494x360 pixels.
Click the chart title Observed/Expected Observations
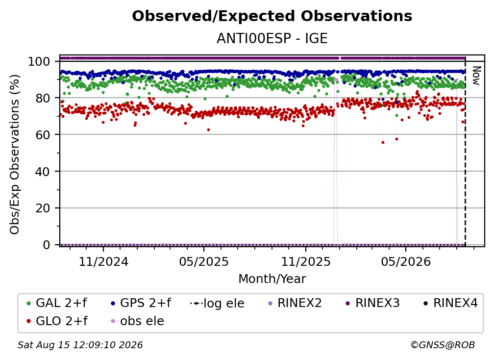pos(272,16)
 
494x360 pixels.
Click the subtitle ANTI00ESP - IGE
pos(272,38)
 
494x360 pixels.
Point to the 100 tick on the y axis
pos(39,61)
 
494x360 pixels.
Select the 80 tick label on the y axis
pos(43,98)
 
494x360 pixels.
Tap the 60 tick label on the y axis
pos(43,134)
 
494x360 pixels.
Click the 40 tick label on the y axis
pos(43,172)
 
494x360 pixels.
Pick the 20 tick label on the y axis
pos(43,208)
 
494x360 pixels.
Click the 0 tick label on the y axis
pos(46,245)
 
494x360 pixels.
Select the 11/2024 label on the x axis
pos(103,261)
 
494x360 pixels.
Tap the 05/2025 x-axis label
pos(204,261)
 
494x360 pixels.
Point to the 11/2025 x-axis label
pos(306,261)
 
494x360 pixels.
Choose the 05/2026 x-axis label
pos(406,261)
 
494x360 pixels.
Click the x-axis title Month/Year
pos(272,279)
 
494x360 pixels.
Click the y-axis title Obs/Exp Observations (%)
pos(15,154)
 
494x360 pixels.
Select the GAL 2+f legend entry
pos(57,303)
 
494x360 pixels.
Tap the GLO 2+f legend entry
pos(57,321)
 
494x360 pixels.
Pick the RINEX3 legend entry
pos(372,303)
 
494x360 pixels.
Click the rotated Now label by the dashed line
pos(476,76)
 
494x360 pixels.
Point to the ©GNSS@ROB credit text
pos(443,345)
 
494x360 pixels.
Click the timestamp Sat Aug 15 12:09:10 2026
pos(80,345)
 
